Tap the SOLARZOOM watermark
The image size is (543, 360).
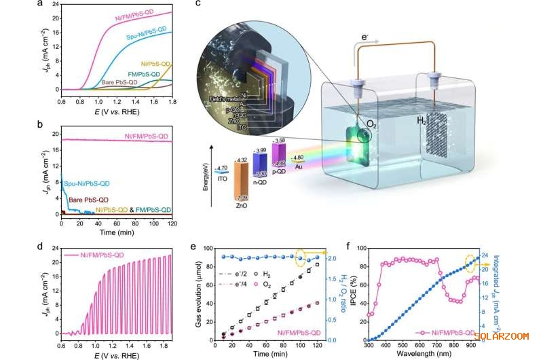point(510,335)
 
